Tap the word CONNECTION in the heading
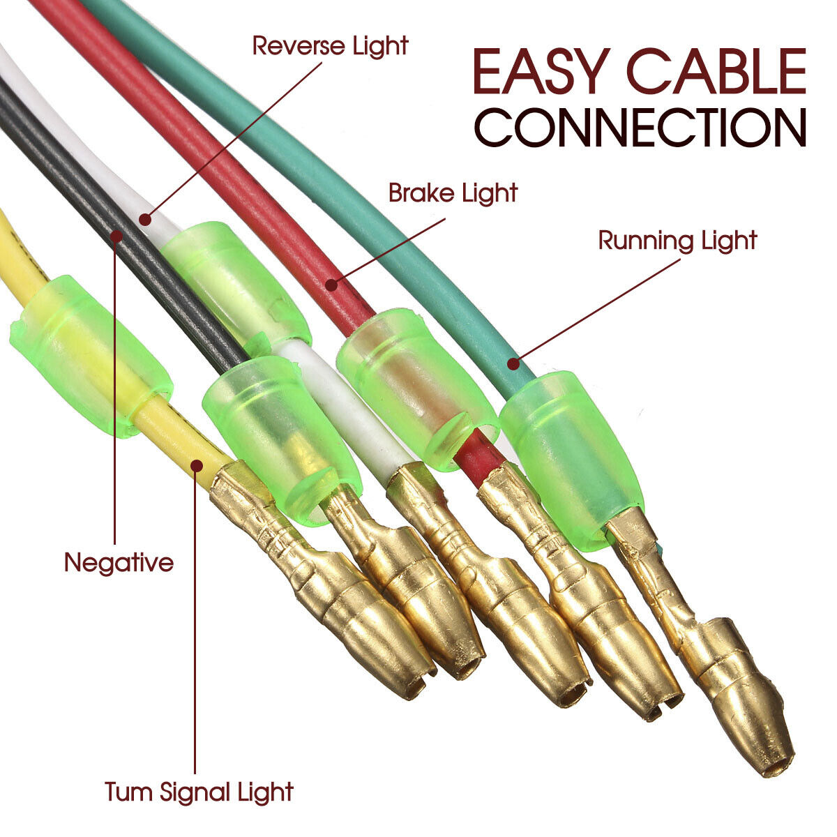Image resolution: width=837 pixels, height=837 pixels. (x=640, y=127)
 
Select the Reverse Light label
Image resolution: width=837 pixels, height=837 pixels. (x=330, y=46)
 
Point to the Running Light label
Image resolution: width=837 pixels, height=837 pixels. (x=677, y=241)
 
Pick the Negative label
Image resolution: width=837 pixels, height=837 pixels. (x=119, y=564)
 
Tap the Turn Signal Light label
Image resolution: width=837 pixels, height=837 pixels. (x=199, y=792)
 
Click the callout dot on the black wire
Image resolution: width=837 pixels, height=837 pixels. (x=116, y=236)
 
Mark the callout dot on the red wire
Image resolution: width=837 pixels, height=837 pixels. (x=331, y=285)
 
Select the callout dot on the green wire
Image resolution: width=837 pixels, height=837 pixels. (x=513, y=363)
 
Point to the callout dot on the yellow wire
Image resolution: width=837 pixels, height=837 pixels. (x=197, y=465)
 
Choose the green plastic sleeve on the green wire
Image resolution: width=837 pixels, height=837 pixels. (x=572, y=460)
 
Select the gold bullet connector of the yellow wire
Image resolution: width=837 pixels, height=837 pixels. (x=322, y=582)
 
